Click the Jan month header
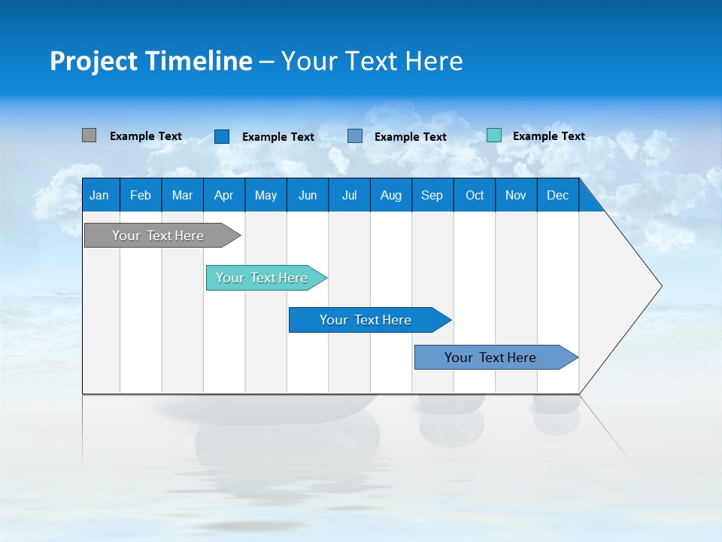click(x=99, y=195)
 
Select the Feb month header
click(x=141, y=195)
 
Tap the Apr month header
click(x=223, y=195)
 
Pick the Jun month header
click(x=308, y=195)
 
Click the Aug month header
click(x=390, y=195)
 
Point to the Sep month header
click(x=432, y=195)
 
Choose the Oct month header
click(x=475, y=195)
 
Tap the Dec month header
click(x=558, y=195)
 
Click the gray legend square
click(x=89, y=135)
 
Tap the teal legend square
click(x=493, y=135)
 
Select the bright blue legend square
click(x=222, y=136)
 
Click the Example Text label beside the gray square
click(x=146, y=136)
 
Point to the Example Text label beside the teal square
click(x=549, y=136)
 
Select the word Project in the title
click(x=94, y=61)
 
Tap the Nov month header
click(x=516, y=195)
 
